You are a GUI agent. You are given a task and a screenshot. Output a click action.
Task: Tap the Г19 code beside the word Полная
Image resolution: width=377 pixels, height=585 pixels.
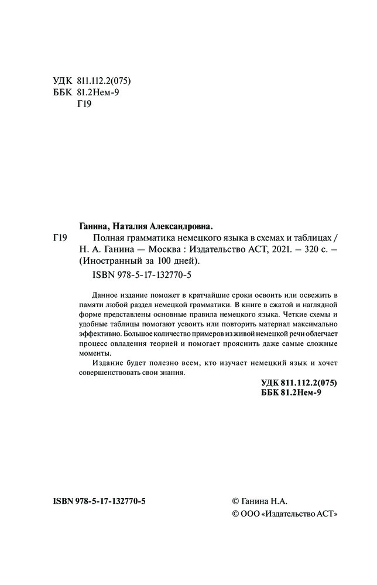(60, 238)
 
